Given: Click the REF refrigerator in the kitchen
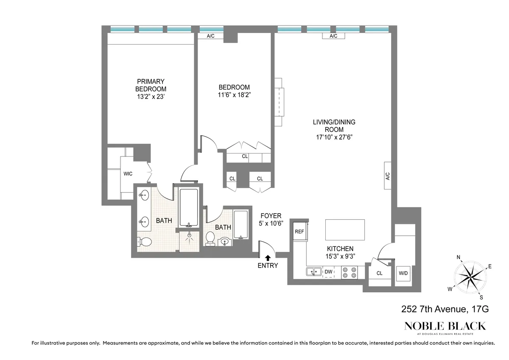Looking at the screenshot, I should coord(300,232).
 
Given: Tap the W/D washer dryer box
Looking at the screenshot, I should coord(403,273).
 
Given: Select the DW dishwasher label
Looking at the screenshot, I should coord(328,271).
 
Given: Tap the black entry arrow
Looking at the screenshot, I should coord(268,257).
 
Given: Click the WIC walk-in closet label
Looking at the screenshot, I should coord(128,174).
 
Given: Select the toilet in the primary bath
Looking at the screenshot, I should coord(145,242).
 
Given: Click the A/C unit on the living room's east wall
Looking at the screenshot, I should coord(388,176).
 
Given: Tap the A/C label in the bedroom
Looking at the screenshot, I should coord(211,36).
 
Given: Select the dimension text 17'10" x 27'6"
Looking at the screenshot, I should coord(334,137).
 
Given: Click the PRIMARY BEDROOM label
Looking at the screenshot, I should coord(151,85).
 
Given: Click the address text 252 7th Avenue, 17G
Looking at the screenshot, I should coord(445,310).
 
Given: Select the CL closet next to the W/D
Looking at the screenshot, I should coord(379,273).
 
